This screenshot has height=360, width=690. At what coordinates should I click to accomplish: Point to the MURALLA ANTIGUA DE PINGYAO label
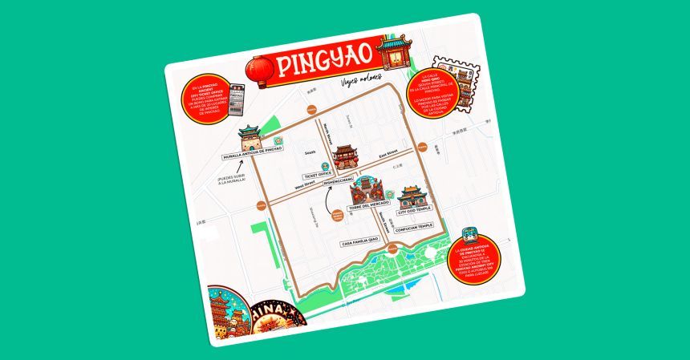pyautogui.click(x=252, y=155)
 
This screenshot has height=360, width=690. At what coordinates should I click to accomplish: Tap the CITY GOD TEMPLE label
pyautogui.click(x=414, y=210)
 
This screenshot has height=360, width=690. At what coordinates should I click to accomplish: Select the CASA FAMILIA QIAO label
pyautogui.click(x=360, y=241)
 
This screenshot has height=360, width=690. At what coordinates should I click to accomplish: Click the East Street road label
pyautogui.click(x=388, y=156)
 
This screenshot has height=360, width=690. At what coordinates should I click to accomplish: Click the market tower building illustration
pyautogui.click(x=366, y=189)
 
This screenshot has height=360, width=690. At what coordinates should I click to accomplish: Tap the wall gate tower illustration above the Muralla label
pyautogui.click(x=250, y=136)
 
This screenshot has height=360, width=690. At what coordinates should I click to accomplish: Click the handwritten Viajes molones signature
pyautogui.click(x=359, y=80)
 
